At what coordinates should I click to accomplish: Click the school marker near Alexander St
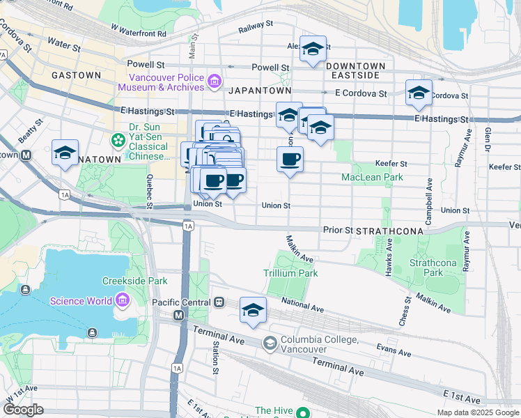[x=313, y=49]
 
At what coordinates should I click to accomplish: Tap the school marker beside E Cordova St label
[x=419, y=93]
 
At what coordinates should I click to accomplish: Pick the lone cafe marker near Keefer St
[x=290, y=159]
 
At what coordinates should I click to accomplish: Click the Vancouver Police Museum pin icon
[x=214, y=83]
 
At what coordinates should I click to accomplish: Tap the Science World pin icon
[x=123, y=301]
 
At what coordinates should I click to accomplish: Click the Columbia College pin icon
[x=270, y=343]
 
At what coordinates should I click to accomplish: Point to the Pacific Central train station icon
[x=219, y=302]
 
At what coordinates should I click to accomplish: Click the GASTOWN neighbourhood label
[x=77, y=75]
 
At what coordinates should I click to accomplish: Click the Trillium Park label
[x=290, y=273]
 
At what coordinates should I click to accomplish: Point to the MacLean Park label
[x=372, y=178]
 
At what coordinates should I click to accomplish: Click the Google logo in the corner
[x=23, y=410]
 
